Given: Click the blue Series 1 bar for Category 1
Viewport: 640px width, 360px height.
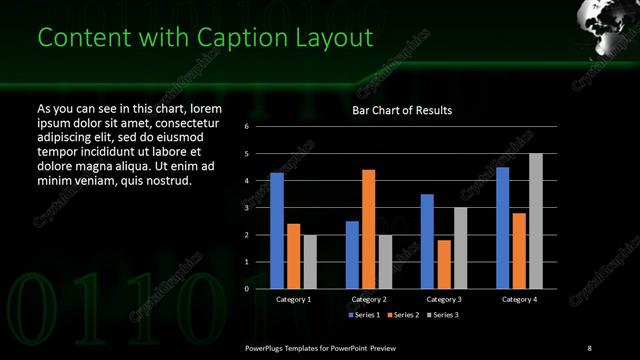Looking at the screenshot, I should pyautogui.click(x=277, y=231).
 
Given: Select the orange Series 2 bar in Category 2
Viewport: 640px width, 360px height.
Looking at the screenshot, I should pyautogui.click(x=368, y=229).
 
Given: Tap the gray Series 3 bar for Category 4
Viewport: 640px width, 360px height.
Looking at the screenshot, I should pyautogui.click(x=536, y=221).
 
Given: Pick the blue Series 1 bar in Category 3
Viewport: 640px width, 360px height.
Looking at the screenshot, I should pyautogui.click(x=427, y=241).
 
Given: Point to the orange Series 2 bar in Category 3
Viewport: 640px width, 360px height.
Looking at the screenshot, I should pyautogui.click(x=444, y=264).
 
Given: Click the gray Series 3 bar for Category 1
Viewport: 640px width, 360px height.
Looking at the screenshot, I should pyautogui.click(x=310, y=262).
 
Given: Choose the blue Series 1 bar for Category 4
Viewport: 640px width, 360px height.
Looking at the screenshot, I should pyautogui.click(x=503, y=228).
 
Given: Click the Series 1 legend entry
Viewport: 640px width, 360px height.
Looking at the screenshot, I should pyautogui.click(x=365, y=315).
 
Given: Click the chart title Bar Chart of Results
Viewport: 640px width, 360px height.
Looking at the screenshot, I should pyautogui.click(x=402, y=110).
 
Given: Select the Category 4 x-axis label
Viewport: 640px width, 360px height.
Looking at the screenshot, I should pyautogui.click(x=519, y=299).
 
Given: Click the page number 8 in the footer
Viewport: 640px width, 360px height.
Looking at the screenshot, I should pyautogui.click(x=588, y=347).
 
